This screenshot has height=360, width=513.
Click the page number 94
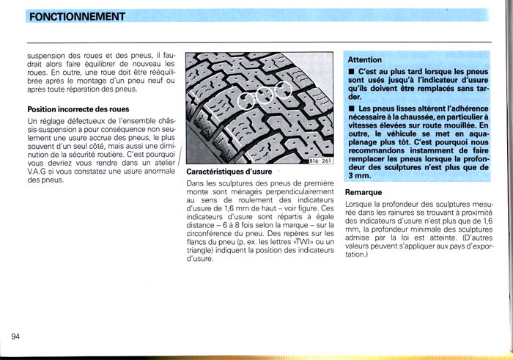point(15,336)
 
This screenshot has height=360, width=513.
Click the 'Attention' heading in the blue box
point(364,59)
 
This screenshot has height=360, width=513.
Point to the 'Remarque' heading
point(364,192)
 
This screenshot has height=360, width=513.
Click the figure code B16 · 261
point(322,161)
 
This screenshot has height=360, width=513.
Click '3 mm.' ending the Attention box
point(359,176)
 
